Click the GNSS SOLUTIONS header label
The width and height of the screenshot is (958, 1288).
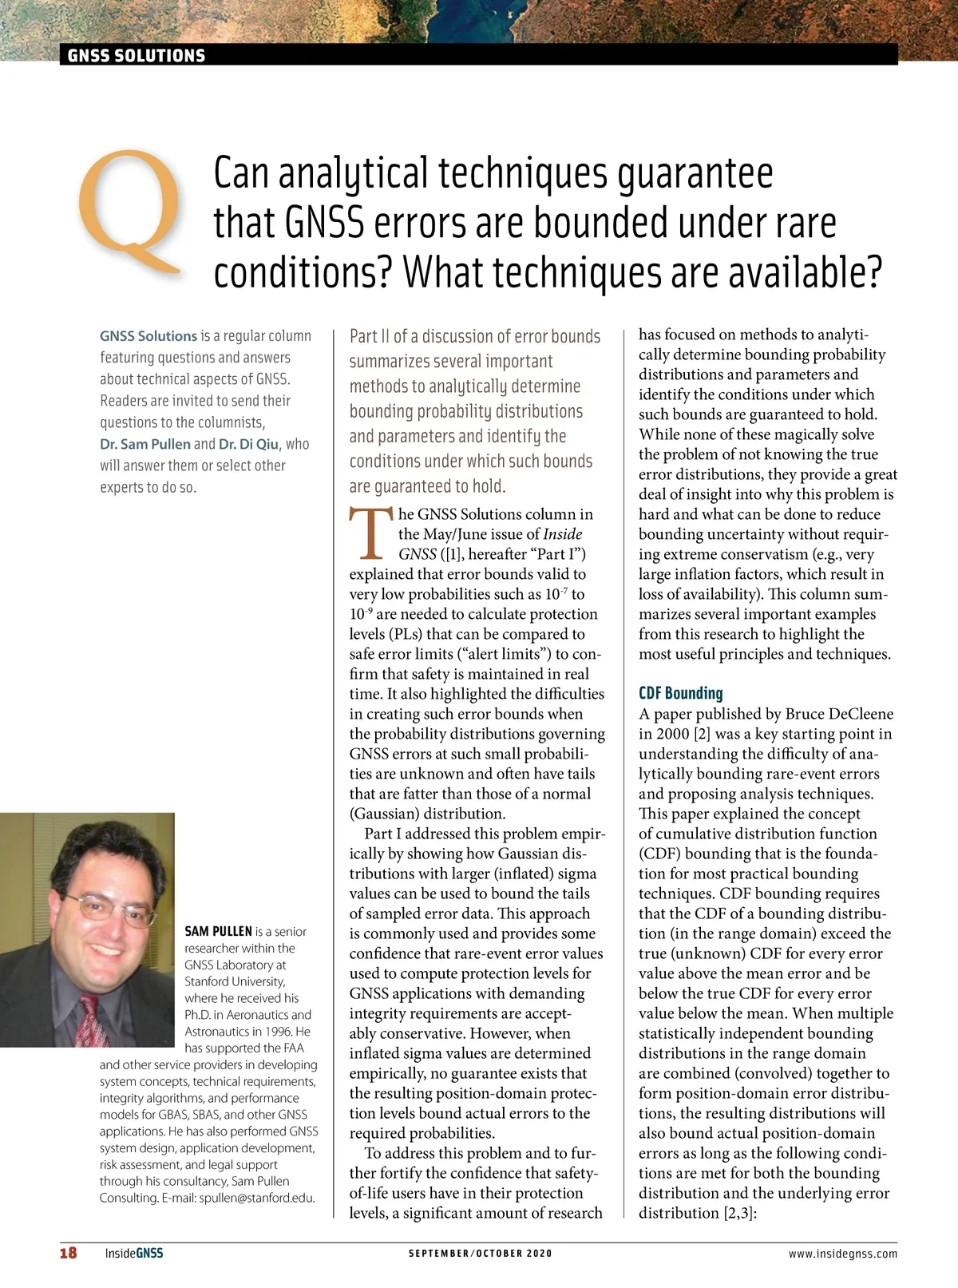137,55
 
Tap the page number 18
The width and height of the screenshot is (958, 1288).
69,1253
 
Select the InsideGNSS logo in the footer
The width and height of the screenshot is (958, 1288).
134,1253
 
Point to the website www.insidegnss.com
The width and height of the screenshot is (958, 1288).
842,1253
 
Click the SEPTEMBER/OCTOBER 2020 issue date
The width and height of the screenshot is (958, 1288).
480,1253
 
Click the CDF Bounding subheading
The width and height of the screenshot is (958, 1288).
680,692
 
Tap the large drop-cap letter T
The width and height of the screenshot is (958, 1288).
369,533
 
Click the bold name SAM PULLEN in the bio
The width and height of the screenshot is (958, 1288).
218,931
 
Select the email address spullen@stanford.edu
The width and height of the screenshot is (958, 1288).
257,1197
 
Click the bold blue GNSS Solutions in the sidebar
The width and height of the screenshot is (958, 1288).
148,336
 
